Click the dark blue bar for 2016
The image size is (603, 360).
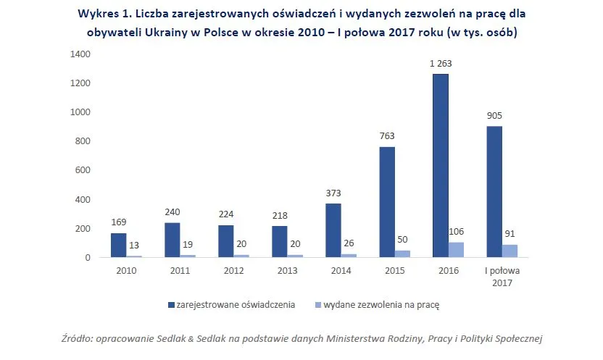(441, 166)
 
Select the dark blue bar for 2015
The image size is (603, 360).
(387, 202)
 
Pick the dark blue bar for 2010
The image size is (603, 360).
(119, 245)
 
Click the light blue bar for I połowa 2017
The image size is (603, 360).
(510, 251)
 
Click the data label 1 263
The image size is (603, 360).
(441, 63)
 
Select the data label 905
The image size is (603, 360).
(495, 115)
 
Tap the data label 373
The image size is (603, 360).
(333, 193)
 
